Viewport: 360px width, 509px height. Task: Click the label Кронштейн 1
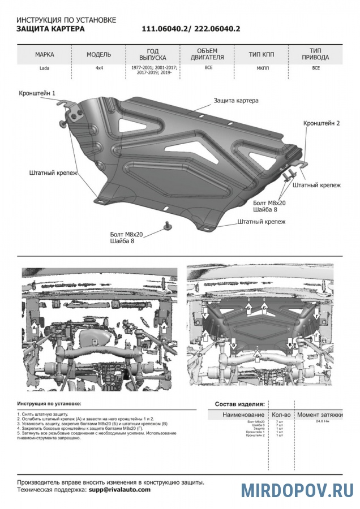[x=37, y=92]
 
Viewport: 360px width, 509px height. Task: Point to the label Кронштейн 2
[x=321, y=123]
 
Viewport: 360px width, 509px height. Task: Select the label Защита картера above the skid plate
[x=235, y=101]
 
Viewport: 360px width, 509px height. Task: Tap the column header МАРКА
[x=45, y=55]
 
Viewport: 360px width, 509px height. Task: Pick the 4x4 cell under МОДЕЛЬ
[x=99, y=68]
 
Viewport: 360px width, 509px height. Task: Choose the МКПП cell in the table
[x=262, y=68]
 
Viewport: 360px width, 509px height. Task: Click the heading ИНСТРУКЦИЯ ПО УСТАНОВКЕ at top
[x=66, y=20]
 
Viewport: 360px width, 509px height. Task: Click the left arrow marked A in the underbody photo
[x=35, y=328]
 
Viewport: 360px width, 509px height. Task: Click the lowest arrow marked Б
[x=258, y=355]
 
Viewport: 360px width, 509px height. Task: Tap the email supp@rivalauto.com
[x=119, y=490]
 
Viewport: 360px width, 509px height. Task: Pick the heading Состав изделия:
[x=239, y=404]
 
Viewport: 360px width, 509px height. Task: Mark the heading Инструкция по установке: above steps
[x=49, y=404]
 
